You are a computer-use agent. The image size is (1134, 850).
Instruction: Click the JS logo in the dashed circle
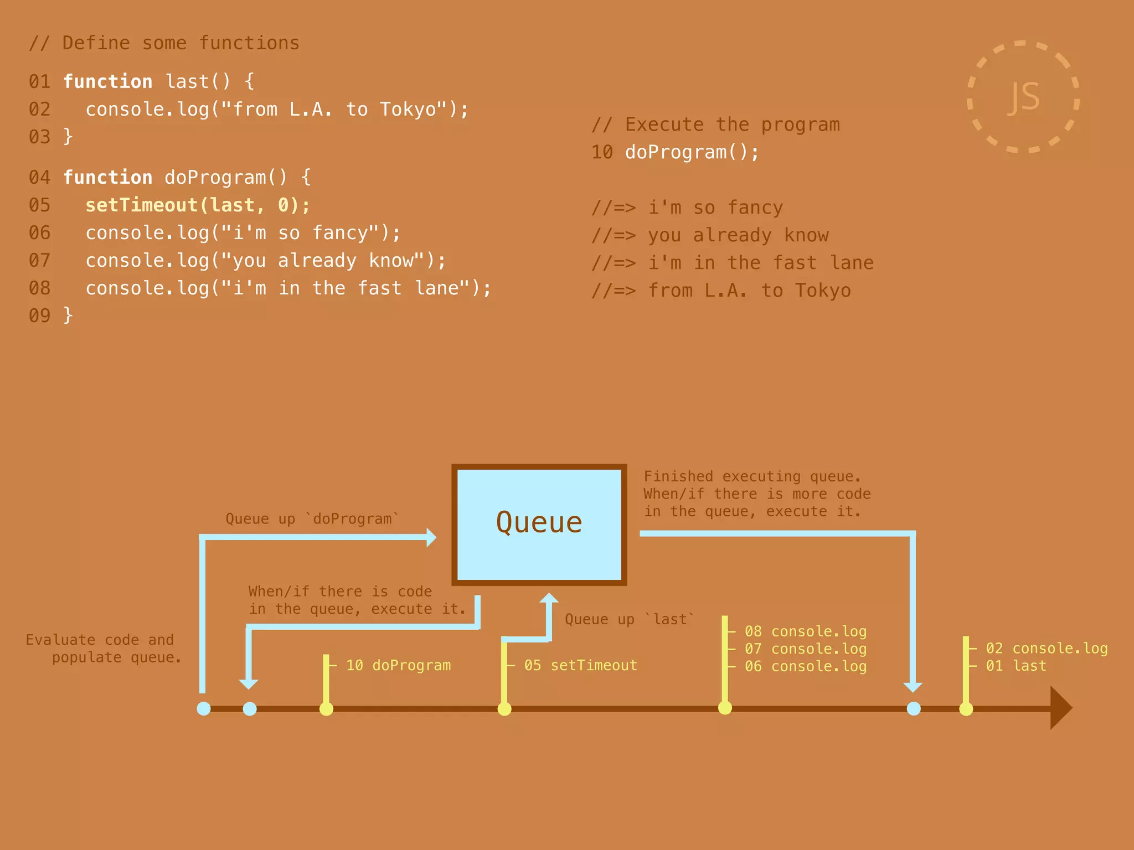(1023, 97)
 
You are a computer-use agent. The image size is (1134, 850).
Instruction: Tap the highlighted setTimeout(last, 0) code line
(198, 205)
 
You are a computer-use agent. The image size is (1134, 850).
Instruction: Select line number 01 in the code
(39, 82)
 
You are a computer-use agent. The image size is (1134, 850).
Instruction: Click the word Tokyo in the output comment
(823, 291)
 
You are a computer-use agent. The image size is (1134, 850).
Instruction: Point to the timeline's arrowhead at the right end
(1060, 708)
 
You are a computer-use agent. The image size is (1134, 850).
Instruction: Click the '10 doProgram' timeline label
(398, 665)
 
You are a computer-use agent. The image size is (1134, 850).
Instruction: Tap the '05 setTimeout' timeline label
(580, 665)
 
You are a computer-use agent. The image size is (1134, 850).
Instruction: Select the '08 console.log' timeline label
(805, 631)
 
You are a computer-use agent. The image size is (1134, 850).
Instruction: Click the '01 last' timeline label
(1016, 666)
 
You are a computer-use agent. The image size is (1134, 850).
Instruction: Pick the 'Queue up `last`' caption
(630, 619)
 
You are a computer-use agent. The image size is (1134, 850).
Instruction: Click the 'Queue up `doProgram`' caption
(312, 519)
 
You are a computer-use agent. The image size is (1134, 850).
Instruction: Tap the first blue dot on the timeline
(204, 708)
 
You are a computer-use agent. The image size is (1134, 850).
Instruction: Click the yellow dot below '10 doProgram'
(327, 708)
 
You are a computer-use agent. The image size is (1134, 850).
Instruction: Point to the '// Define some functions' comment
(164, 43)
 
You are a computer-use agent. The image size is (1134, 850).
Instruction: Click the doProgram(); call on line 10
(692, 152)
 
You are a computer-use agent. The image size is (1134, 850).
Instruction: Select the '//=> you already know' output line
(710, 236)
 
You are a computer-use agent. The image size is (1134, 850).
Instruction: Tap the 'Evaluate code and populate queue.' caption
(104, 649)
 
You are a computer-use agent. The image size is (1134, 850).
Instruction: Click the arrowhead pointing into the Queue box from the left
(431, 537)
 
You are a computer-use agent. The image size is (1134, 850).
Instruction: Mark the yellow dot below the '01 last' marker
(966, 708)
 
